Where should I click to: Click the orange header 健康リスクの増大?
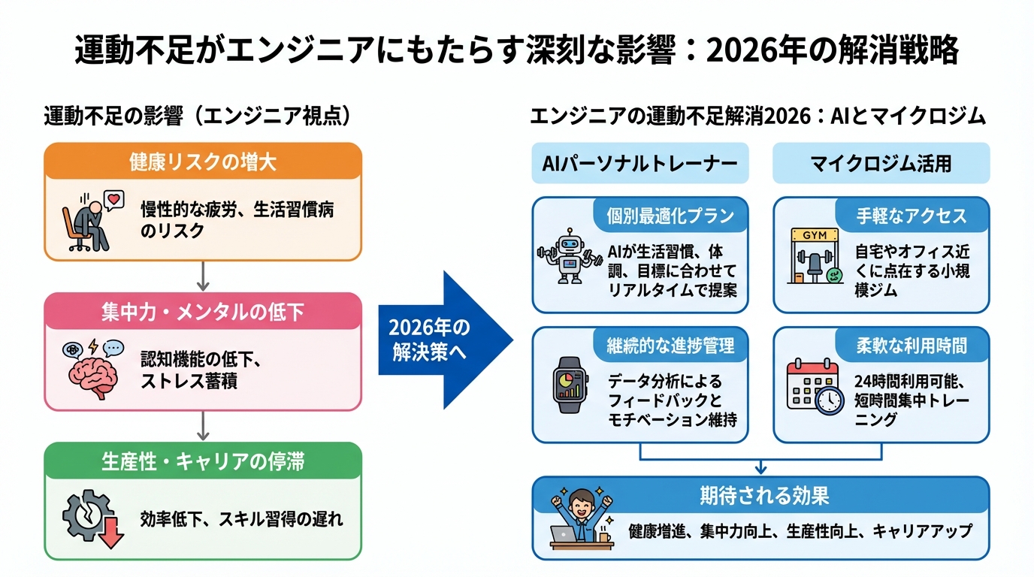[203, 162]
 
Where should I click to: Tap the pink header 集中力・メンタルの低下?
[203, 311]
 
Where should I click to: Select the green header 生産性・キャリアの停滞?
[203, 461]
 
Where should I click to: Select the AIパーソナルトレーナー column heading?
[640, 163]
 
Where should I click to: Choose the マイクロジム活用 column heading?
[881, 163]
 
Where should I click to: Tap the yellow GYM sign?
[815, 234]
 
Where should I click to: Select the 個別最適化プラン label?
[670, 216]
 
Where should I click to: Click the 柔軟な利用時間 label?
[912, 345]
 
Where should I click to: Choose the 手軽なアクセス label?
[912, 216]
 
